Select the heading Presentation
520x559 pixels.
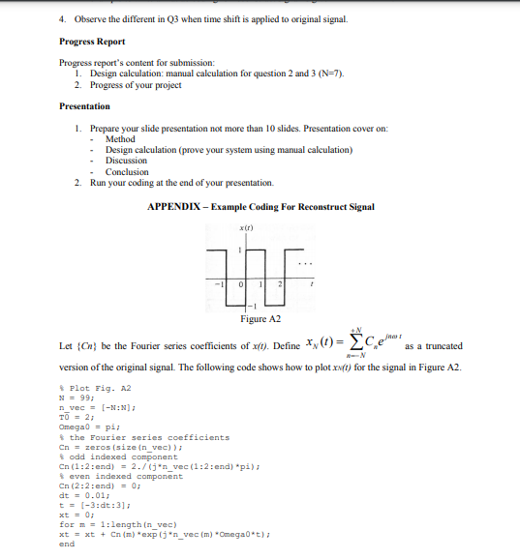(x=84, y=106)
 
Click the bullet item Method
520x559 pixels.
(x=120, y=139)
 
